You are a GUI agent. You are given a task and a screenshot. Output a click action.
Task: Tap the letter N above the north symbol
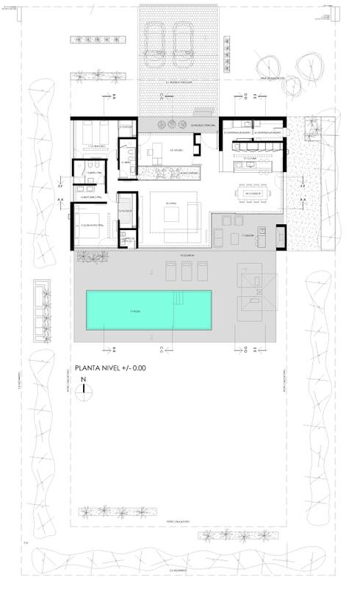point(85,379)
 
